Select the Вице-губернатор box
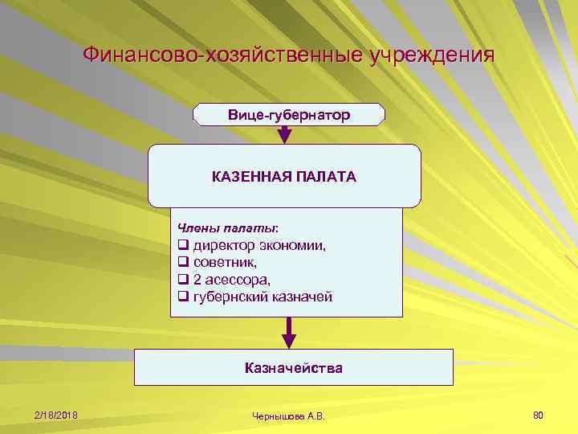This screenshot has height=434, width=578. point(289,115)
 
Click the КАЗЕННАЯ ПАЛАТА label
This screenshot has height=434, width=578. point(284,176)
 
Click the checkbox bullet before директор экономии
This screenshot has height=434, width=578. point(183,246)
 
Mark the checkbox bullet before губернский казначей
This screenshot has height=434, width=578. point(183,297)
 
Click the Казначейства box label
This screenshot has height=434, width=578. point(293,368)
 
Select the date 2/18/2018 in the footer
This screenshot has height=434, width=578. point(56,415)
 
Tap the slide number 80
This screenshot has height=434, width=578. point(538,415)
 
